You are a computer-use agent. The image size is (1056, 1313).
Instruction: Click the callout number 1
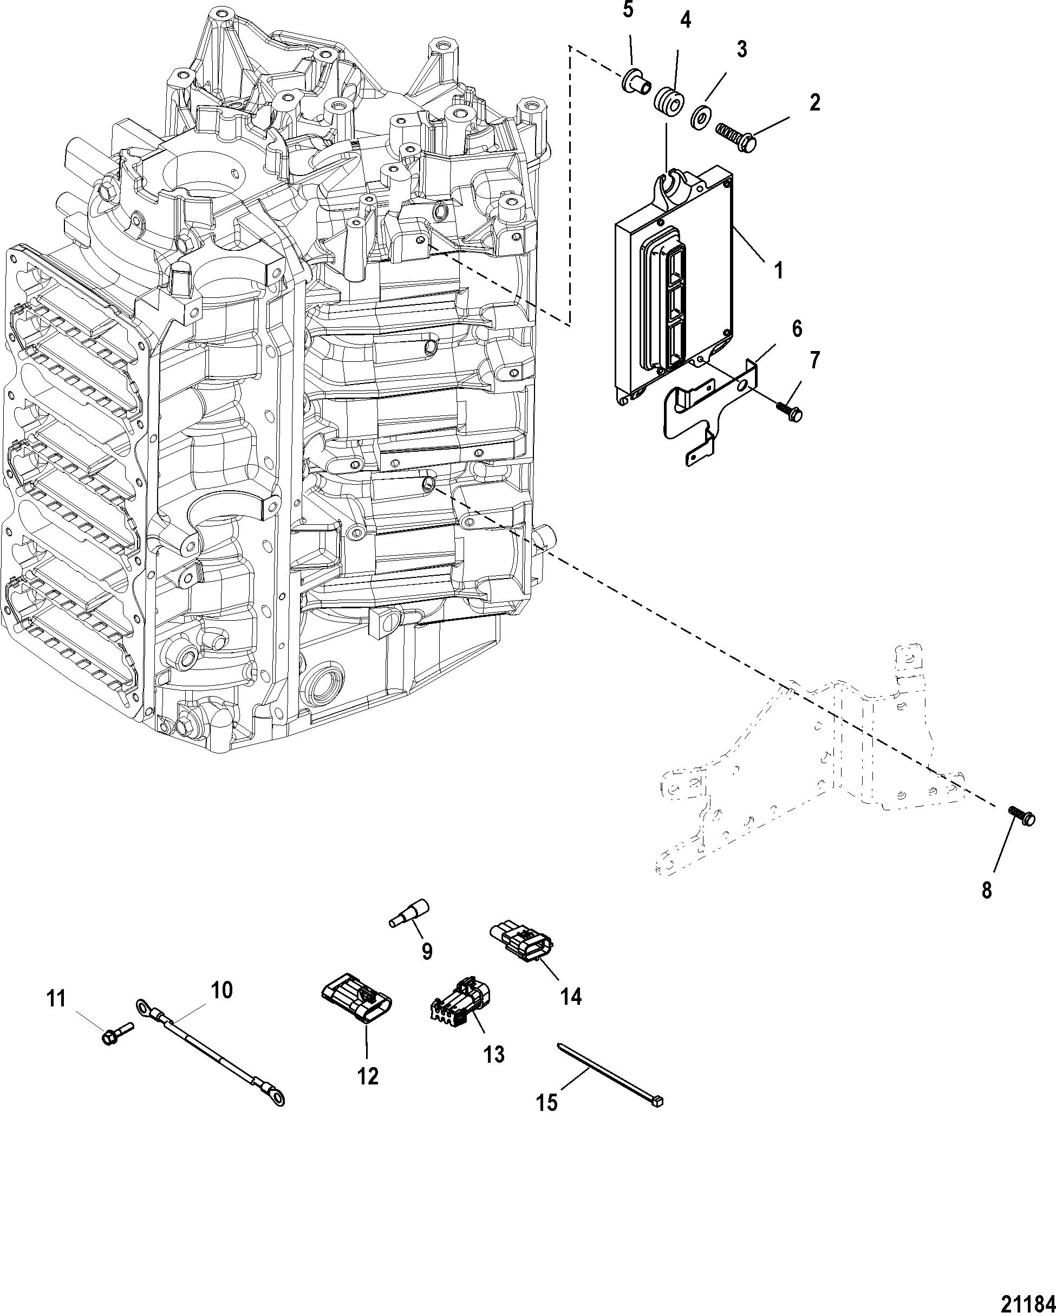pyautogui.click(x=778, y=270)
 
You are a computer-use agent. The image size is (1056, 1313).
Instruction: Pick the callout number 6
pyautogui.click(x=796, y=329)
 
